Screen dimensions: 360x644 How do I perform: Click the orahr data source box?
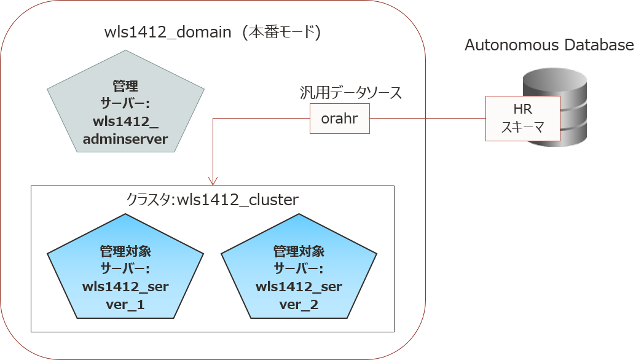pos(339,119)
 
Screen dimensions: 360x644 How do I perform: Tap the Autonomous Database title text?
pos(549,45)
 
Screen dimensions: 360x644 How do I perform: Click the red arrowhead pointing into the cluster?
pos(213,181)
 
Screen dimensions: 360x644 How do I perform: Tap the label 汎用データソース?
pos(350,93)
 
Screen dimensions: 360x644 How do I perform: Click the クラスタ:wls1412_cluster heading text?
pos(212,200)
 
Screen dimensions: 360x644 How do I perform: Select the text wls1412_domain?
pos(167,33)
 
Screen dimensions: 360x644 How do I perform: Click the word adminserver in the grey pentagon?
pos(125,139)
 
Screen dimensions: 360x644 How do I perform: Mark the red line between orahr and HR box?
pos(428,119)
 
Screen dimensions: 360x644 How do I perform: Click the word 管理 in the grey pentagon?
pos(125,85)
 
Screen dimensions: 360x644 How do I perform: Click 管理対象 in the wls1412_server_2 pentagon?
pos(299,251)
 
